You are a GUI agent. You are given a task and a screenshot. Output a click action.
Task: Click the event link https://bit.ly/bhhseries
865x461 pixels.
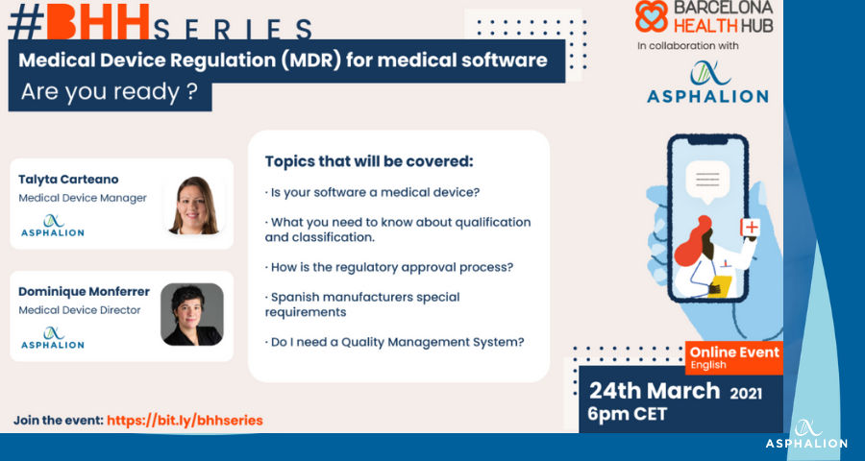click(x=185, y=421)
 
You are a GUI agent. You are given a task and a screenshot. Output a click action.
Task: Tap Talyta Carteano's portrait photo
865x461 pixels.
click(x=194, y=206)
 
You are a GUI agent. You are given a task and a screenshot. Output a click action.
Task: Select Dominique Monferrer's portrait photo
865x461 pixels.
click(x=192, y=314)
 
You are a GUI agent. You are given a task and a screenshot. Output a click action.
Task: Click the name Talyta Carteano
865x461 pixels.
click(x=68, y=180)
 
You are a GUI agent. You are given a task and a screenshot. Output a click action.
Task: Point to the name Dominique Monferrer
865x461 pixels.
click(x=84, y=292)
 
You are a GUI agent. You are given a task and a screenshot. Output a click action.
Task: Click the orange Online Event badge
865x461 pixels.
click(x=734, y=357)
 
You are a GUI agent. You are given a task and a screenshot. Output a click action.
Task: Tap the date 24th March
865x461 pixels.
click(x=655, y=391)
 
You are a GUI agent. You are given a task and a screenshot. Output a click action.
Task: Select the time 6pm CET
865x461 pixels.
click(x=628, y=414)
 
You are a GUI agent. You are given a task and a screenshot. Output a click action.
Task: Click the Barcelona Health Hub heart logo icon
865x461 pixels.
click(x=652, y=16)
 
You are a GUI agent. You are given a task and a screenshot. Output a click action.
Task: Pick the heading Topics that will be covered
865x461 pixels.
click(x=369, y=161)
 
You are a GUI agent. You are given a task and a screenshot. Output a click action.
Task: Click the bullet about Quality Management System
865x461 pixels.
click(x=394, y=342)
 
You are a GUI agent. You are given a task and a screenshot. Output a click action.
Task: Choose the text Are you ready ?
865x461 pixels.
click(x=110, y=93)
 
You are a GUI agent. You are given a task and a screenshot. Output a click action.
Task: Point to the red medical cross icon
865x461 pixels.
click(x=751, y=227)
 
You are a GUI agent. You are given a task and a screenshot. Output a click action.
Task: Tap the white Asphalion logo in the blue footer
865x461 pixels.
click(x=806, y=434)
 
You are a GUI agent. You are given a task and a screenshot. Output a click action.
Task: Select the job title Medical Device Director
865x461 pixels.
click(x=80, y=310)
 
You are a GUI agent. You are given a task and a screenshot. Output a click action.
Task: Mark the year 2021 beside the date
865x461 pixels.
click(x=746, y=394)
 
